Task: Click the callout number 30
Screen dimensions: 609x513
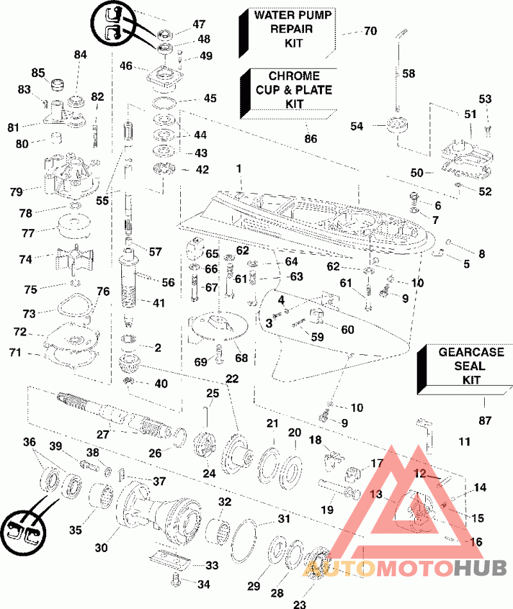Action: coord(101,548)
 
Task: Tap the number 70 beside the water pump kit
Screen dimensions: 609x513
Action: coord(370,31)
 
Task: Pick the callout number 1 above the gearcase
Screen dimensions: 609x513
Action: coord(239,169)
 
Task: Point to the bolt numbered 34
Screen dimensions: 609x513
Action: coord(176,580)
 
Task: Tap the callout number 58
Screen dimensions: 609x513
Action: coord(408,74)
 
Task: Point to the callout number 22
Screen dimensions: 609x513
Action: coord(232,379)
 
